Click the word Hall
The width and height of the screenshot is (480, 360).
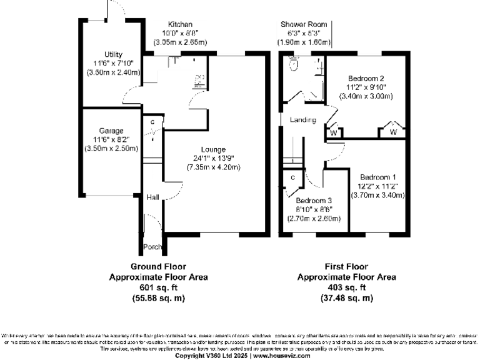pos(152,197)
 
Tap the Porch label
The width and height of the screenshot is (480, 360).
pos(153,246)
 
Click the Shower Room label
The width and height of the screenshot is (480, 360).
pos(306,24)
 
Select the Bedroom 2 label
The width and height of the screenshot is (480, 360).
pos(366,78)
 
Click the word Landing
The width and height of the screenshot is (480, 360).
pos(302,120)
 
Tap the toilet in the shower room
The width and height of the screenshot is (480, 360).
pos(294,63)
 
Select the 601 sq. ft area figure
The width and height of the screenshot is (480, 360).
pos(159,287)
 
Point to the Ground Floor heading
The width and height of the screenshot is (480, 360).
pos(159,266)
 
